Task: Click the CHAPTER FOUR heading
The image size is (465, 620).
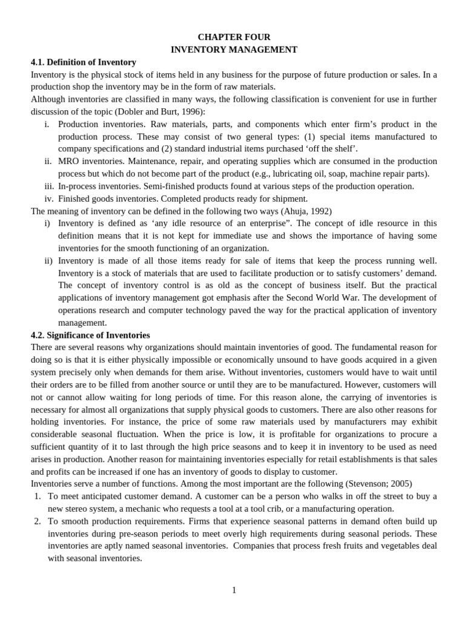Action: (x=233, y=38)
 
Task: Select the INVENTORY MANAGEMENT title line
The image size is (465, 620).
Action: (x=233, y=50)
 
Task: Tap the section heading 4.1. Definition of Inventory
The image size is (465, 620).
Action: (x=84, y=62)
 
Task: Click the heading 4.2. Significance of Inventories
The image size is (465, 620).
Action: (x=90, y=335)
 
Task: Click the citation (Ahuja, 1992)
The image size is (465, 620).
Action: (x=298, y=211)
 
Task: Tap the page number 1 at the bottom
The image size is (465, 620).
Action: (x=234, y=590)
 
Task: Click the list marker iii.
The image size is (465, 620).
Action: (x=50, y=186)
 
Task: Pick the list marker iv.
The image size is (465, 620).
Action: (x=50, y=199)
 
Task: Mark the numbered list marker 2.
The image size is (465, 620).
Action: (x=38, y=521)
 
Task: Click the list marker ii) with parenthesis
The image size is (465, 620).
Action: (x=48, y=260)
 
